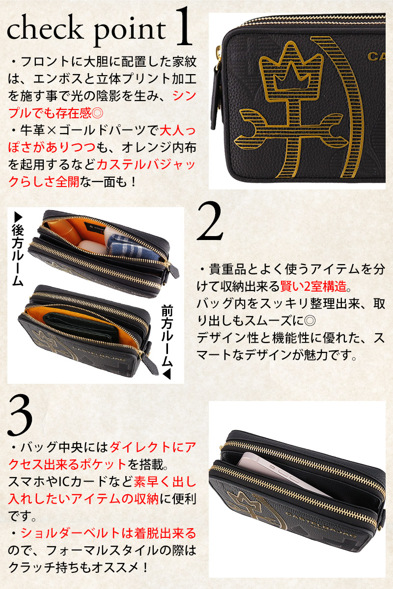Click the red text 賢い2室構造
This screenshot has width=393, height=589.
click(313, 286)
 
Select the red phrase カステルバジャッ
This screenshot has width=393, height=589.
click(146, 165)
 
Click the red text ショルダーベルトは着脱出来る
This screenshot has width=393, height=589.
click(109, 533)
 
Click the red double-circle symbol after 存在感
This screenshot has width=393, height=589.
click(97, 113)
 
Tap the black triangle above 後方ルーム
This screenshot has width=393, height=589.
click(18, 217)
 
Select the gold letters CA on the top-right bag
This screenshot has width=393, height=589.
click(376, 56)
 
